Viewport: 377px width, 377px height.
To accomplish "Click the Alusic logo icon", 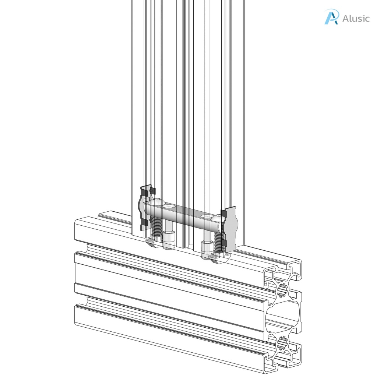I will coord(331,17).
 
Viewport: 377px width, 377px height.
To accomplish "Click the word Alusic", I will coord(356,18).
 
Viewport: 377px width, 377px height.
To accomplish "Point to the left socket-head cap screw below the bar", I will coord(168,239).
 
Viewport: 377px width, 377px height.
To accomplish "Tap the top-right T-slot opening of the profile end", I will coord(295,267).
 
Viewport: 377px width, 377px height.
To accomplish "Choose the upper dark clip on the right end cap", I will coord(223,213).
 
